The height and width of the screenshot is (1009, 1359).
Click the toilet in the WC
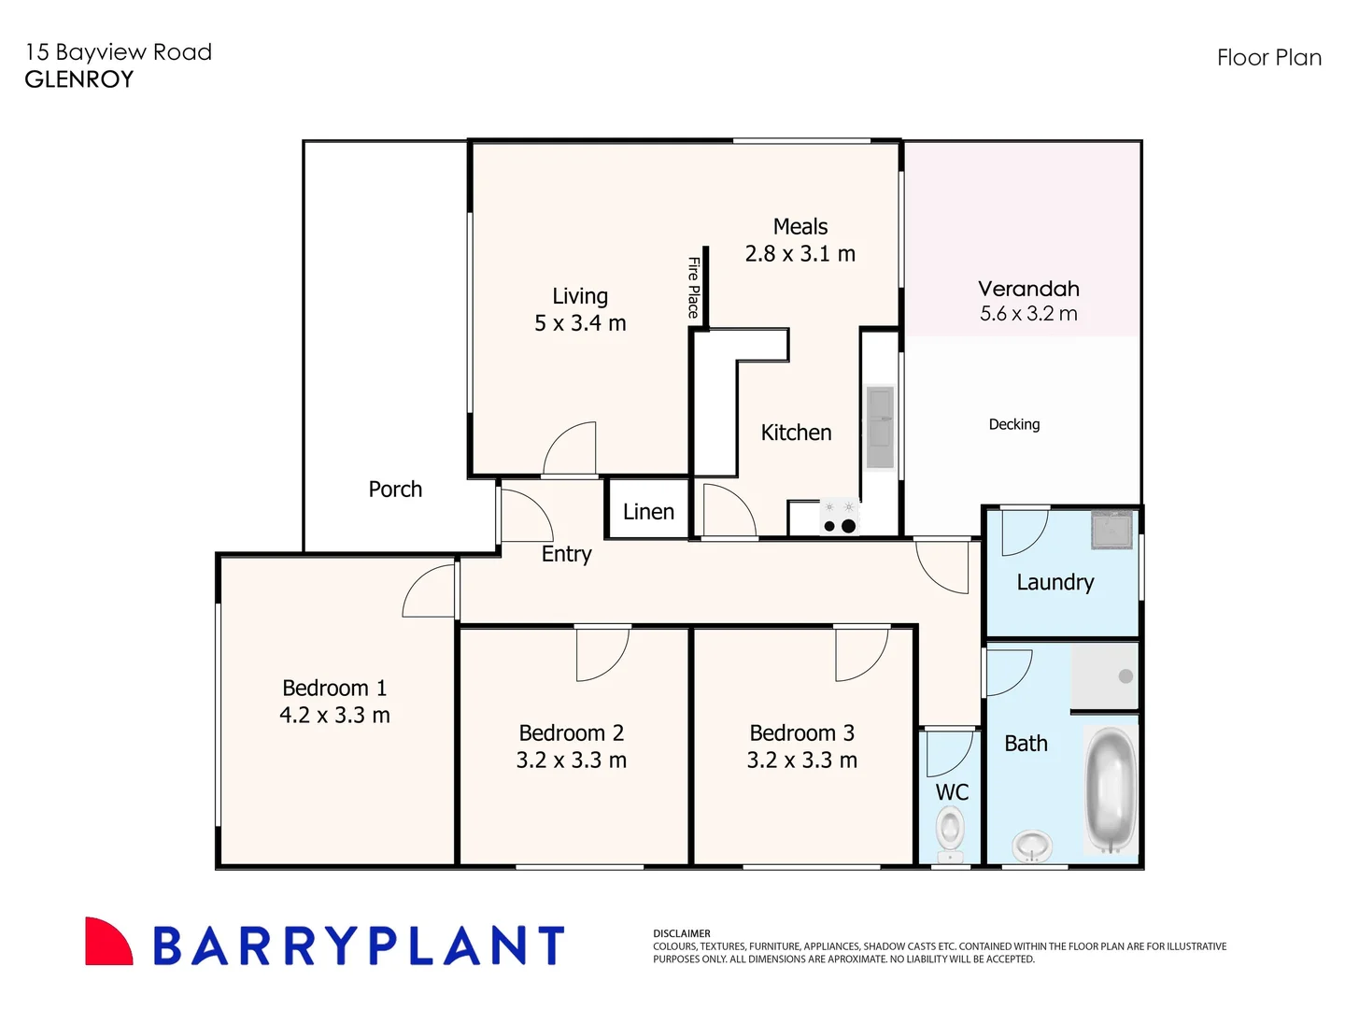[950, 831]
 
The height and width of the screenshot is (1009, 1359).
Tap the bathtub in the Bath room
[1111, 789]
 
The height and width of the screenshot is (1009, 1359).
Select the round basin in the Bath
[1032, 846]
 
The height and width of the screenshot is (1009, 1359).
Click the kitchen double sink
[880, 427]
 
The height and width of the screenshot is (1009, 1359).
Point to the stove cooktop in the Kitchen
[839, 518]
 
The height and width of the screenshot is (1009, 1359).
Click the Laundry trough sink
[1111, 530]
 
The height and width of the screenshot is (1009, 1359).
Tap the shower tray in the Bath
[1104, 676]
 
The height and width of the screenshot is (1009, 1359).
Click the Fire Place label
[693, 288]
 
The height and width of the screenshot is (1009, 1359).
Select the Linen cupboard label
[648, 512]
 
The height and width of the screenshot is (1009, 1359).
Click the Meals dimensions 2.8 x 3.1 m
[800, 254]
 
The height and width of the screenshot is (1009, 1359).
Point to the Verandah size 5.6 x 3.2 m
[1027, 314]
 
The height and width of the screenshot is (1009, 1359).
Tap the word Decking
[1013, 424]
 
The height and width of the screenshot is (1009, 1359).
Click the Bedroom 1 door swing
[431, 592]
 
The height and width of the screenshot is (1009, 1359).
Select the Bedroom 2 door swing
[601, 653]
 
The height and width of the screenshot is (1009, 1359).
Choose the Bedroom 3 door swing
[859, 653]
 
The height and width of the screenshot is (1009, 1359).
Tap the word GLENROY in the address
[79, 79]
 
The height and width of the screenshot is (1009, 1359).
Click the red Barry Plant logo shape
[106, 942]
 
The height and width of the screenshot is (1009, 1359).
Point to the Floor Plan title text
[1268, 58]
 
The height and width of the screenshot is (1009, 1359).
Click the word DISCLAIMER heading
[682, 933]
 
